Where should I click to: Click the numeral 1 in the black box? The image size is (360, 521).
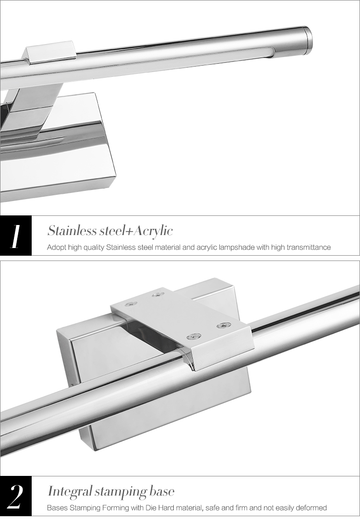tap(15, 237)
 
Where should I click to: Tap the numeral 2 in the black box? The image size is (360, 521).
tap(15, 497)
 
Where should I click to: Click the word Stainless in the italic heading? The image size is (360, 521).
tap(72, 230)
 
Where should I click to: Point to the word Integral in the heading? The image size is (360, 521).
tap(70, 492)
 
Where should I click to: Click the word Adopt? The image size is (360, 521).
tap(57, 248)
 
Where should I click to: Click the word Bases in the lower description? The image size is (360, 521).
tap(57, 508)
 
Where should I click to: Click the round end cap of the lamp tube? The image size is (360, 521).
tap(308, 39)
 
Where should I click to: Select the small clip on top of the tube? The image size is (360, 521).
tap(49, 52)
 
